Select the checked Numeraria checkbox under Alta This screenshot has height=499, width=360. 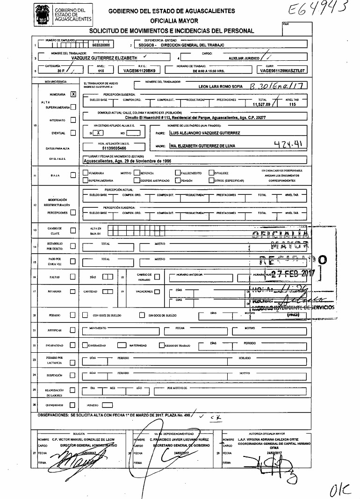click(73, 94)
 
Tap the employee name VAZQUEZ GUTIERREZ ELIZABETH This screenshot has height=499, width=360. click(104, 58)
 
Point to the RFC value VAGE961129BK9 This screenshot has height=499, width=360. click(139, 71)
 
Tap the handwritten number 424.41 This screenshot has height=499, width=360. click(290, 145)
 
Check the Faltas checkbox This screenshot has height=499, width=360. click(72, 277)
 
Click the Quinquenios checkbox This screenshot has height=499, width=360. click(72, 405)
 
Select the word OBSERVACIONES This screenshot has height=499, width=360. click(52, 415)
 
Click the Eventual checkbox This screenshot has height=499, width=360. click(72, 133)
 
